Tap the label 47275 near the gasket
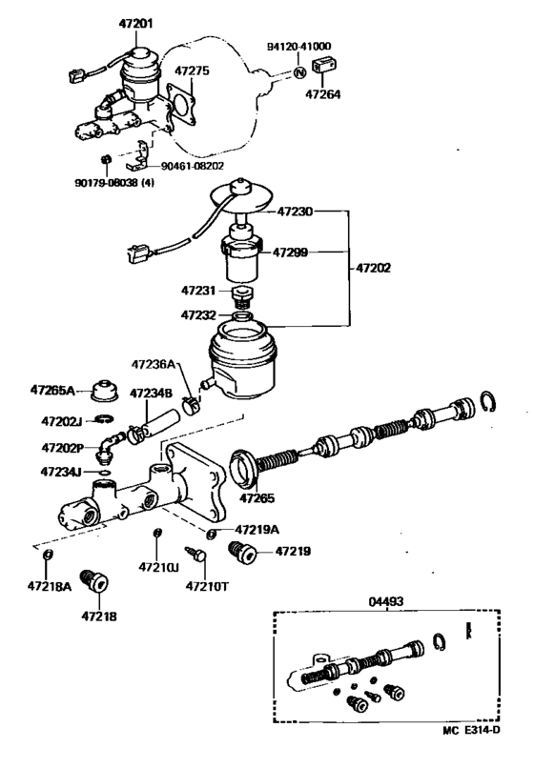coord(192,71)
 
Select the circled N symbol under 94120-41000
coord(299,71)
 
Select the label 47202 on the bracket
coord(373,270)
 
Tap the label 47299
coord(292,253)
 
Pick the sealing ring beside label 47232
coord(242,315)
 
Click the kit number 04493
coord(388,601)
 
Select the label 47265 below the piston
coord(257,497)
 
